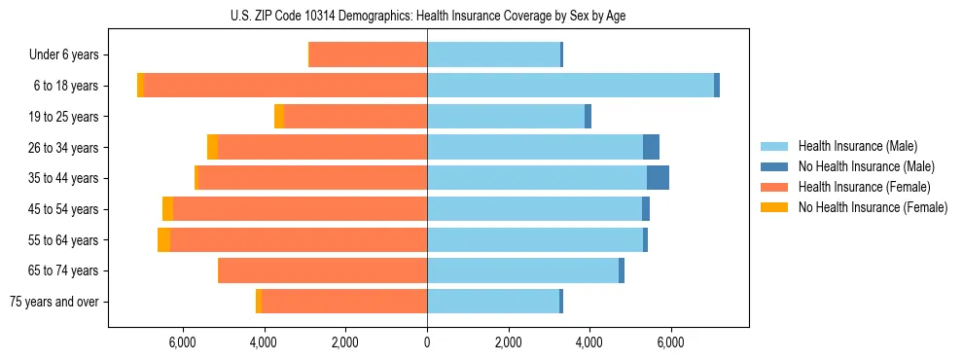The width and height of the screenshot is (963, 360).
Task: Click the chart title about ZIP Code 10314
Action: pos(428,16)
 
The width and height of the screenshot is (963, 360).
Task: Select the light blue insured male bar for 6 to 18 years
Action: pos(570,86)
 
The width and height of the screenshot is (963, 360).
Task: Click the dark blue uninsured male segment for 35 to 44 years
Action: pos(658,178)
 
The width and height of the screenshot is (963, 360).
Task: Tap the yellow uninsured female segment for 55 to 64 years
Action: pos(163,240)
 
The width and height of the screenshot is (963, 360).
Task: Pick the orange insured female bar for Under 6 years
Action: pos(368,55)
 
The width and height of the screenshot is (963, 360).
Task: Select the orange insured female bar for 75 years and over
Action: pos(344,302)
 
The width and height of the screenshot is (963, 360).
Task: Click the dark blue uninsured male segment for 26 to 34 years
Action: pos(651,147)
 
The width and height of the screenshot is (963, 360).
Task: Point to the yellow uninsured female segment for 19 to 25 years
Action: pos(279,117)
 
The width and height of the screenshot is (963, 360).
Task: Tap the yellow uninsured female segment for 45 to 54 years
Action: pos(167,209)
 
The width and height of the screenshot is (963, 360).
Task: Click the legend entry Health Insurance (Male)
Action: pos(857,147)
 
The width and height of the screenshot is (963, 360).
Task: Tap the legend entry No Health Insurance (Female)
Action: pos(872,207)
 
